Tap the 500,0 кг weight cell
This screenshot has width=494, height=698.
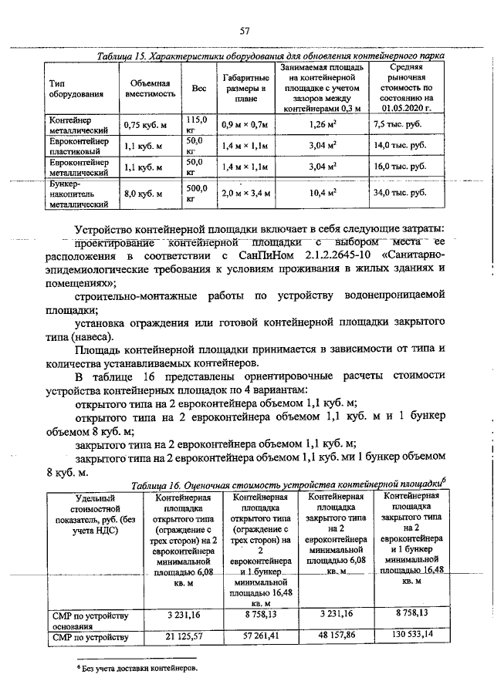[x=198, y=194]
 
